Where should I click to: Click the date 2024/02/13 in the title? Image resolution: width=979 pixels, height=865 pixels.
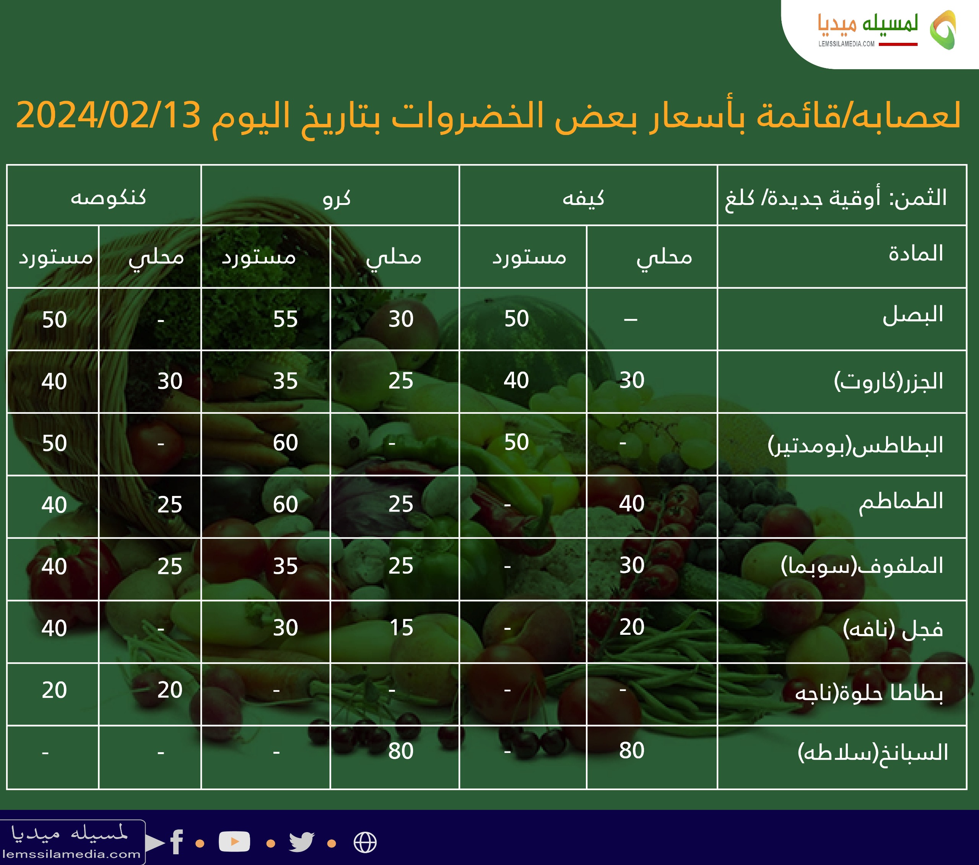108,115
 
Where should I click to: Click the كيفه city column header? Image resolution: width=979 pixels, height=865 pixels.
583,197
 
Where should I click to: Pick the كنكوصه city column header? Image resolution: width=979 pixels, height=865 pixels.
108,197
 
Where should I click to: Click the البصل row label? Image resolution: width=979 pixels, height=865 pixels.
912,315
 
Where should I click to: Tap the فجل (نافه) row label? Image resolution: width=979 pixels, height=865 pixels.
893,628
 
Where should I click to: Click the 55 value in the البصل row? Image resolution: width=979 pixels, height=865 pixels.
285,319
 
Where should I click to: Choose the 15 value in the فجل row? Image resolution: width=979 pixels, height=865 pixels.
402,628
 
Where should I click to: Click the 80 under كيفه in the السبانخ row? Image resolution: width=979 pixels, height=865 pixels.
632,751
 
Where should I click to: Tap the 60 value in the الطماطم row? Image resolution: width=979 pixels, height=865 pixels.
285,504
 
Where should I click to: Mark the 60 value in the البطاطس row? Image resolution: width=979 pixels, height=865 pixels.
285,442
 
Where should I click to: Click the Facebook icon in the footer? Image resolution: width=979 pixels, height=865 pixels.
176,842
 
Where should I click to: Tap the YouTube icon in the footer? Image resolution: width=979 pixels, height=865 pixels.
234,842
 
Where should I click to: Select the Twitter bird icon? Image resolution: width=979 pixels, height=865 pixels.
302,842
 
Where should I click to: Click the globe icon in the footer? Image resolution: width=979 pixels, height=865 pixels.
365,842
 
